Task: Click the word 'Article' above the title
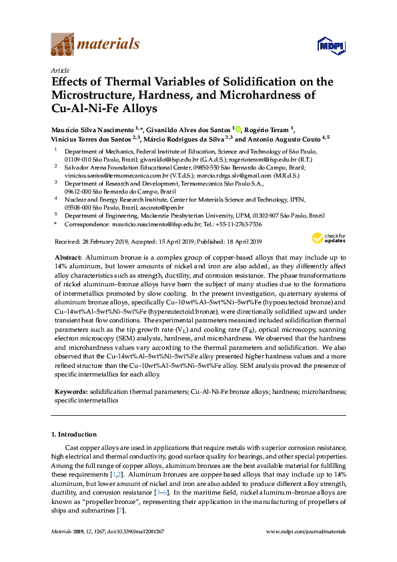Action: tap(59, 69)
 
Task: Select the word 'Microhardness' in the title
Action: tap(262, 95)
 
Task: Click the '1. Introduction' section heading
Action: tap(76, 435)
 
